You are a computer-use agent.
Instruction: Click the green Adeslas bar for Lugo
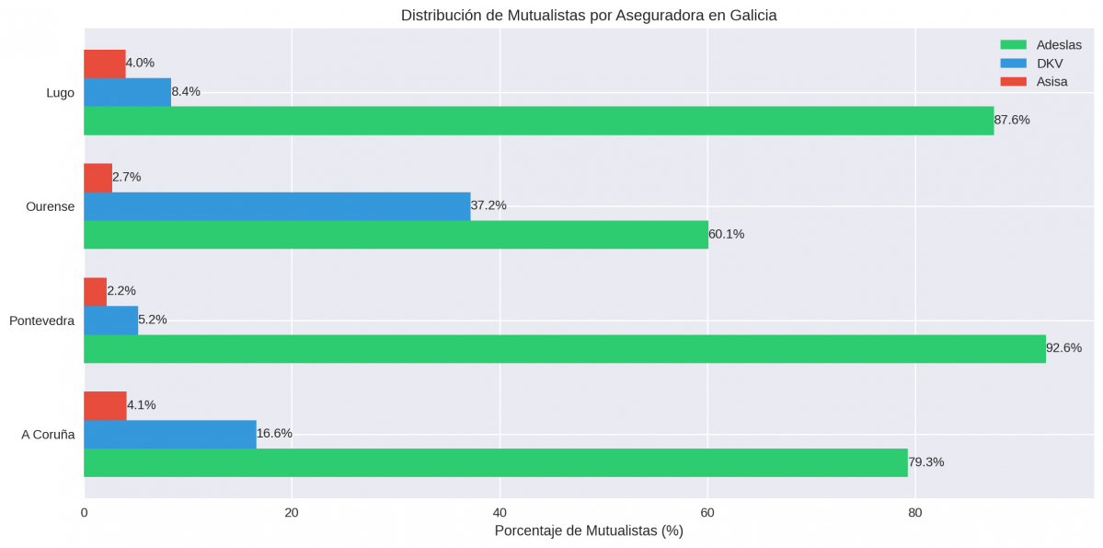point(538,121)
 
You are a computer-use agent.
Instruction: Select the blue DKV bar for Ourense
point(276,206)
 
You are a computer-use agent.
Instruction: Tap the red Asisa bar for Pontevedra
point(95,291)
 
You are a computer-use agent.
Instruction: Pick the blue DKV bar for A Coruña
point(169,434)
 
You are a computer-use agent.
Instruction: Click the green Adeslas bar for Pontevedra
point(564,348)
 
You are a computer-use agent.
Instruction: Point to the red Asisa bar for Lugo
point(104,64)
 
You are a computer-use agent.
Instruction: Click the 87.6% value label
point(1012,121)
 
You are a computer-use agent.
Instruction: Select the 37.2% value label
point(488,205)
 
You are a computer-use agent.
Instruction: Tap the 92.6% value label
point(1063,348)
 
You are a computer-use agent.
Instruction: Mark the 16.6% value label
point(274,434)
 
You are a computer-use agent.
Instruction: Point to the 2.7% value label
point(127,177)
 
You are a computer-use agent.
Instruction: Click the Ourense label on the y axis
point(51,206)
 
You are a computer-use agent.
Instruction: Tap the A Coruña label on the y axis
point(48,435)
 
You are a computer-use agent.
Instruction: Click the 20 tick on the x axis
point(292,513)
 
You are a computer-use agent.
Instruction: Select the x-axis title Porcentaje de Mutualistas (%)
point(589,531)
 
